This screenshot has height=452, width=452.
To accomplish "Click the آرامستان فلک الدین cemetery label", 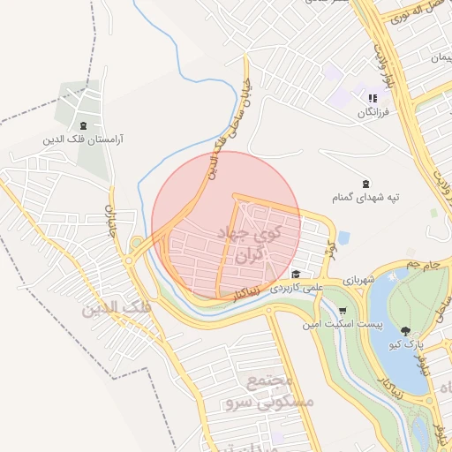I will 84,139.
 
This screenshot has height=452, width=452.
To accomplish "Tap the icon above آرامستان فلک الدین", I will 84,126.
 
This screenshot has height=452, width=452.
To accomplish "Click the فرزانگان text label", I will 371,112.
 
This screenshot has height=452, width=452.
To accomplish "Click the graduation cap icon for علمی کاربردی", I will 295,274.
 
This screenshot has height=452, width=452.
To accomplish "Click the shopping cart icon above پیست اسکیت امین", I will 342,311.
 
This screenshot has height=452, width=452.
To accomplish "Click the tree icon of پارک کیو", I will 405,330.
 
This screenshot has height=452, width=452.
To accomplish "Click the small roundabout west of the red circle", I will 138,242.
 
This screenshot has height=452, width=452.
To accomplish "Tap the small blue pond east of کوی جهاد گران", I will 343,237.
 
